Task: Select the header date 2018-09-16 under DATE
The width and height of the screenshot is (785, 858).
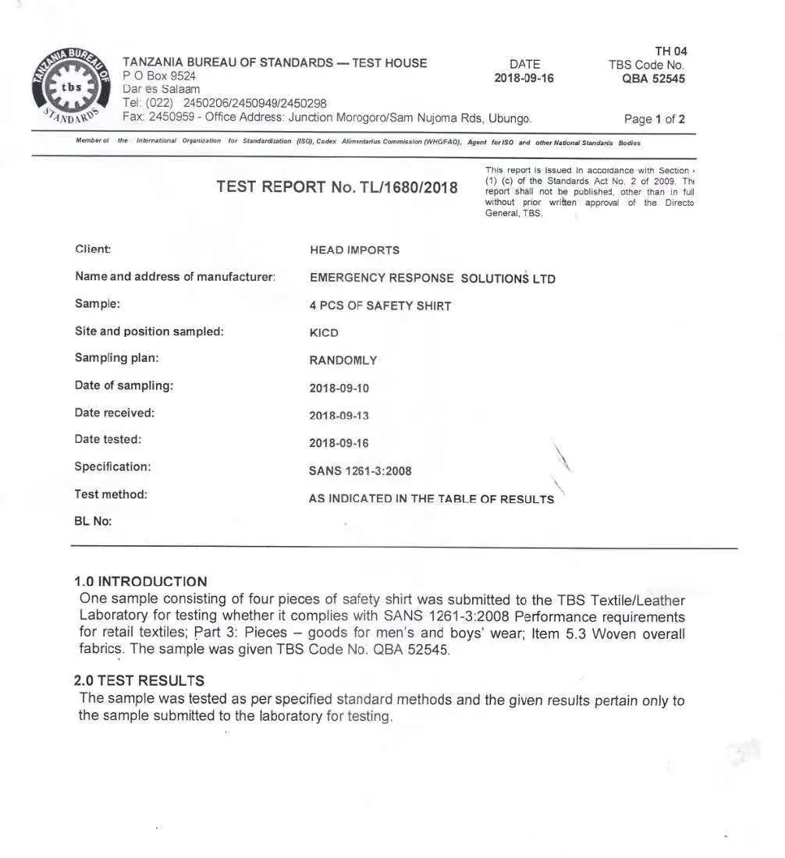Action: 524,79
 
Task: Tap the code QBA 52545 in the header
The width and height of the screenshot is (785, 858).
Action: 653,79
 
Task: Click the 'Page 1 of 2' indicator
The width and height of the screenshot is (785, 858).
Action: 654,119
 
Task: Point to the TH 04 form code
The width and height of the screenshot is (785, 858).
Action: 670,51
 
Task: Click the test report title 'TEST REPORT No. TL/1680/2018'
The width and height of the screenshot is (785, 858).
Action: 337,187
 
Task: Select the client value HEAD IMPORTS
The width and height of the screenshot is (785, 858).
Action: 354,250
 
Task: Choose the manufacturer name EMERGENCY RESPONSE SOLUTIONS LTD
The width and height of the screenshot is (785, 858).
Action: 432,278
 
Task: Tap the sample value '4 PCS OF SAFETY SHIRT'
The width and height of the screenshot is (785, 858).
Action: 380,306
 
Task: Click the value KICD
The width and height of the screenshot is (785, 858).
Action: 324,333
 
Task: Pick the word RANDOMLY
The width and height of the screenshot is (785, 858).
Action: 343,360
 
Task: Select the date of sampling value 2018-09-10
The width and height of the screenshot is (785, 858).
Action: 339,388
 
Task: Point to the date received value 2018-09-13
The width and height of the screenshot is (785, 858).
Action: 339,416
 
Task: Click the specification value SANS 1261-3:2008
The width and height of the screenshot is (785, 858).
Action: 360,471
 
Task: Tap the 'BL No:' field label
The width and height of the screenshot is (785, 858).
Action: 93,521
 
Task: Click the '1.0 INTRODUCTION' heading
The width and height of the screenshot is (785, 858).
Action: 140,582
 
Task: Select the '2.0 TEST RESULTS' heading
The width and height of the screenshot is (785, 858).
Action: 139,681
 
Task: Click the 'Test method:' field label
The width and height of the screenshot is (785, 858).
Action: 111,494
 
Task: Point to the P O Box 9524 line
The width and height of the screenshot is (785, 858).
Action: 159,76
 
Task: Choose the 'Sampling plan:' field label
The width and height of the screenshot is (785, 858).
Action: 116,358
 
